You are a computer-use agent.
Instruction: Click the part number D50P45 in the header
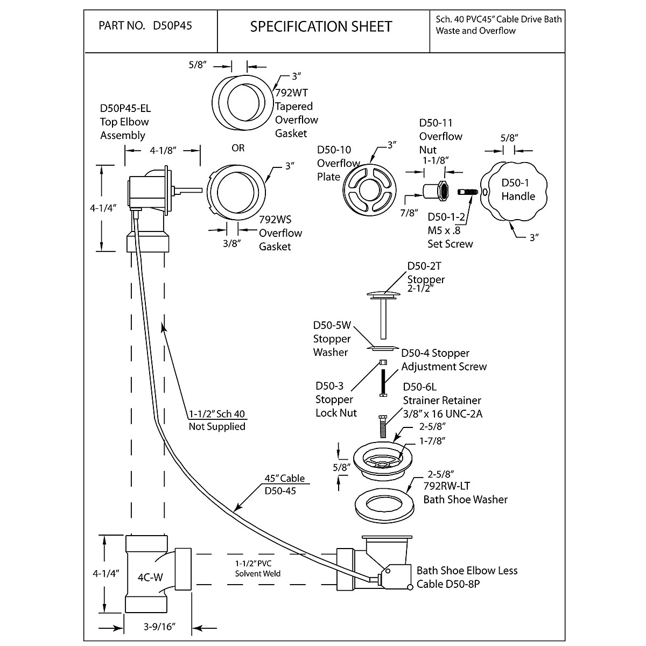tap(173, 26)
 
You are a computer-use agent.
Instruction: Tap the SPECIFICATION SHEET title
tap(321, 26)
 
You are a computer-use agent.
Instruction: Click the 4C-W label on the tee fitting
tap(150, 578)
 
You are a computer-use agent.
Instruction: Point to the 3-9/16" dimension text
tap(160, 628)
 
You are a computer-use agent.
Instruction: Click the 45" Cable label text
tap(284, 478)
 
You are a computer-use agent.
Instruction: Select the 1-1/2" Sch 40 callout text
tap(216, 414)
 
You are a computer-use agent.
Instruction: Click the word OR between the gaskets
tap(238, 148)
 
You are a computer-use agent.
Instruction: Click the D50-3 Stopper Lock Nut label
tap(335, 399)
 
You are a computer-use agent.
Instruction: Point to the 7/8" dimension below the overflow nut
tap(409, 212)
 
